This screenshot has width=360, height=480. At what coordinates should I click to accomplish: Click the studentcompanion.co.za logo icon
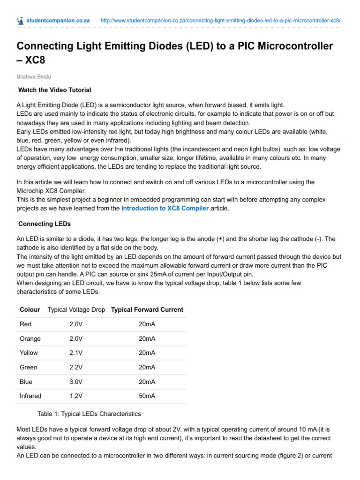click(20, 21)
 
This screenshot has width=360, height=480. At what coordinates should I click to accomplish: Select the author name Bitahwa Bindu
click(34, 75)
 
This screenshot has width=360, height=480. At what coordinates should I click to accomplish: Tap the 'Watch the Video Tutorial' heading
click(54, 90)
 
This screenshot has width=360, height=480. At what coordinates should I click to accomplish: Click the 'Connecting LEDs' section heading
click(45, 224)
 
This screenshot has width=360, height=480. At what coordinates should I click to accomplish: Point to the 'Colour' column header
click(30, 309)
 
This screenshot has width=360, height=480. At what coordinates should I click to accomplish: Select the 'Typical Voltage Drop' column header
click(76, 309)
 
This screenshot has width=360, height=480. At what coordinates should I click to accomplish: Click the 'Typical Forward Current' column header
click(147, 309)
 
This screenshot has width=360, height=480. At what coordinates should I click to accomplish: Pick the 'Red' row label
click(25, 324)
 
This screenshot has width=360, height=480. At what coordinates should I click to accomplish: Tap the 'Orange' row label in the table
click(30, 338)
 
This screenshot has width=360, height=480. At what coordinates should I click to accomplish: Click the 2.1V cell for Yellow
click(76, 352)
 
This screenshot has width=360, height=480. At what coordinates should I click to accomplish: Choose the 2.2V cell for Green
click(76, 367)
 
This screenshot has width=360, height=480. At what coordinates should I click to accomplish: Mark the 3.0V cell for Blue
click(76, 382)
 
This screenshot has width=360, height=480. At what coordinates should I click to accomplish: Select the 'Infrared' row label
click(30, 396)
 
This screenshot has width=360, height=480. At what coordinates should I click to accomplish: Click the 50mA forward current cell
click(147, 396)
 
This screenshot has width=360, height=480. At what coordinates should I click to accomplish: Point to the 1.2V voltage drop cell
click(76, 396)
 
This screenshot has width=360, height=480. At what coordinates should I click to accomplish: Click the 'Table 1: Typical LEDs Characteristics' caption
click(89, 414)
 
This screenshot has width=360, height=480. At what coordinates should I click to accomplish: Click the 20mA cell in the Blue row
click(147, 382)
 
